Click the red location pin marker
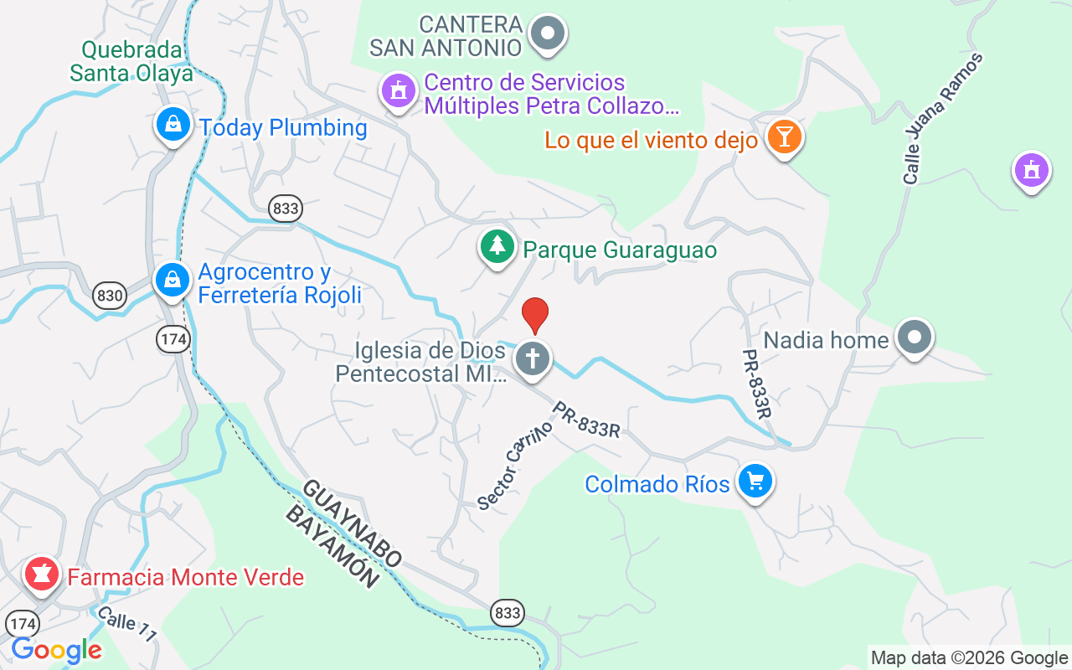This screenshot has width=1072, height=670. (535, 315)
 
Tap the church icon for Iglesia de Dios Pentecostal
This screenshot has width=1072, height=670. (532, 358)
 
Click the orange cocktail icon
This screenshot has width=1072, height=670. (784, 137)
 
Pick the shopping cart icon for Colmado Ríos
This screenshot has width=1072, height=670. (755, 482)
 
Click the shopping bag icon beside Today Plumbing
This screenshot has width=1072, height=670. (173, 126)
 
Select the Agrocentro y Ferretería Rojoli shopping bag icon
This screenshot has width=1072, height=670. (173, 280)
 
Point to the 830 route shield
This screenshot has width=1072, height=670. (110, 295)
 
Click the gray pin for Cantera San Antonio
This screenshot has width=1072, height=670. (549, 34)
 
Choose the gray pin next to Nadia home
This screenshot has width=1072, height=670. (914, 338)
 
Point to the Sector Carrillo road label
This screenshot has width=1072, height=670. (515, 465)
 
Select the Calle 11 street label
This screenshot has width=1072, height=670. (126, 624)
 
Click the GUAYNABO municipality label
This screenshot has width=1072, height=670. (352, 524)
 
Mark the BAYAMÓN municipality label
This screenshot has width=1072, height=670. (331, 547)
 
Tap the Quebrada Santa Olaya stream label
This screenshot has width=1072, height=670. (131, 61)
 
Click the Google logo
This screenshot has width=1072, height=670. (57, 650)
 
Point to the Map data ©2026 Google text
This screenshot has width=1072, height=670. (969, 657)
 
